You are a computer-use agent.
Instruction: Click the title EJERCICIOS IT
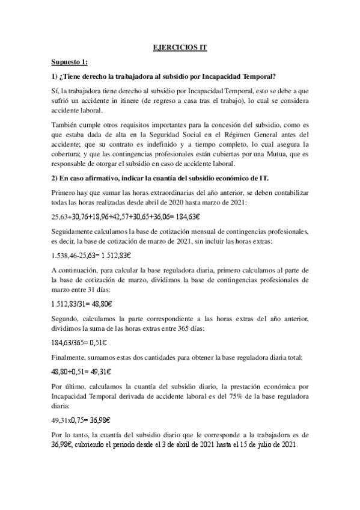click(x=180, y=47)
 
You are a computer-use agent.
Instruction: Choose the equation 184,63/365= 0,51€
click(x=79, y=343)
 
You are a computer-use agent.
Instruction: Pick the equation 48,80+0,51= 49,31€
click(x=81, y=372)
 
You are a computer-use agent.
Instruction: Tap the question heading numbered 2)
click(x=159, y=178)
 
